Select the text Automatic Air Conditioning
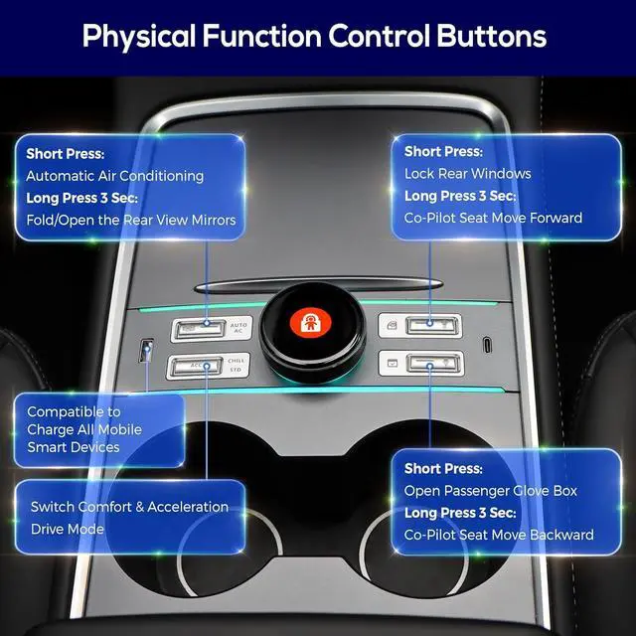[x=114, y=176]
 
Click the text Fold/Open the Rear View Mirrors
[x=131, y=220]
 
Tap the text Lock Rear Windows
[x=467, y=173]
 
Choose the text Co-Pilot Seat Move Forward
[x=493, y=217]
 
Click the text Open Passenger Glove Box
[x=491, y=491]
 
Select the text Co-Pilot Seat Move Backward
[x=498, y=535]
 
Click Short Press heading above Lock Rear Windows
[x=443, y=151]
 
